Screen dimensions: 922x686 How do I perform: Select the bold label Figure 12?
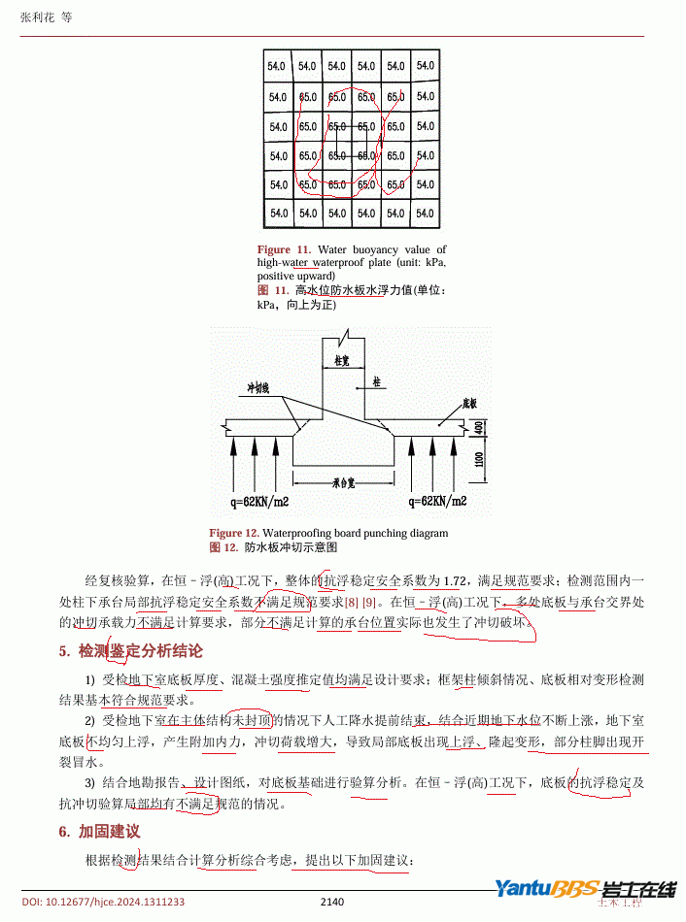(x=234, y=533)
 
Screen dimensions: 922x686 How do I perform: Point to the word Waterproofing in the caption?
(x=296, y=533)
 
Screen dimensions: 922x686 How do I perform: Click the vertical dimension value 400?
(x=479, y=427)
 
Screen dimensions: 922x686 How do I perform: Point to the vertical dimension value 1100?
(x=479, y=458)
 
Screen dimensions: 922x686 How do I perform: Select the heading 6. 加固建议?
(x=100, y=832)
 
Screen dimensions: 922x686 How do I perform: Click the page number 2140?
(x=332, y=902)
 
